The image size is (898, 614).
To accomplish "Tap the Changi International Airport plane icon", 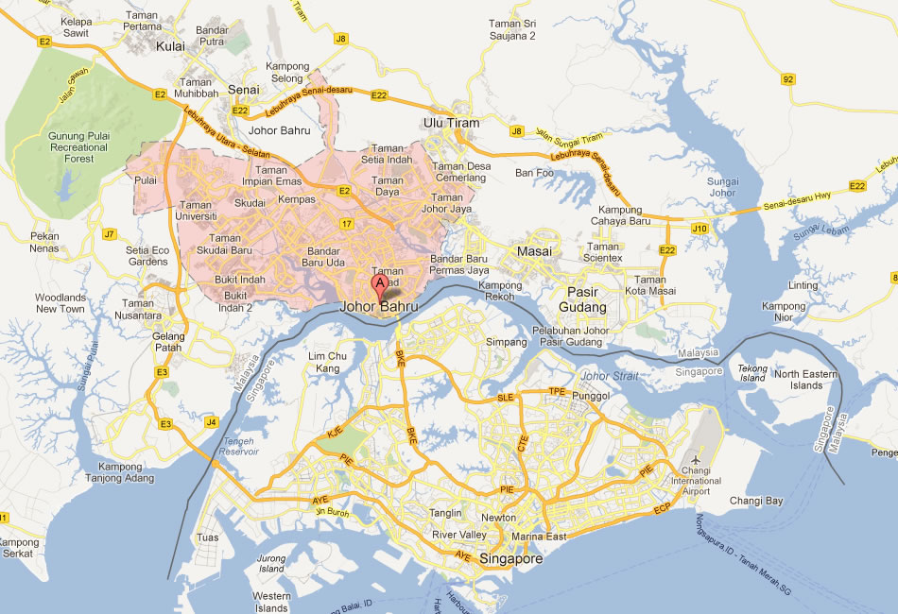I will (697, 447).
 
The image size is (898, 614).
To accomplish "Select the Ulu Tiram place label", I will (451, 123).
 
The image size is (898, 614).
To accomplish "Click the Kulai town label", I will (170, 45).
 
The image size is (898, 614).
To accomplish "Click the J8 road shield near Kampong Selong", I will (340, 39).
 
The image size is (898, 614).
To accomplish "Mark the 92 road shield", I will (788, 79).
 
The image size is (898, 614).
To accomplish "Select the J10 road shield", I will (699, 228).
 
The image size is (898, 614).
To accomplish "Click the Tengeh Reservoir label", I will (242, 447).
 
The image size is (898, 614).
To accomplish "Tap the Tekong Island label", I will (752, 373).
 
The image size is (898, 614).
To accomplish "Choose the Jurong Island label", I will (271, 564).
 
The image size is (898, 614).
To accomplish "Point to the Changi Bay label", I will (756, 501).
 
